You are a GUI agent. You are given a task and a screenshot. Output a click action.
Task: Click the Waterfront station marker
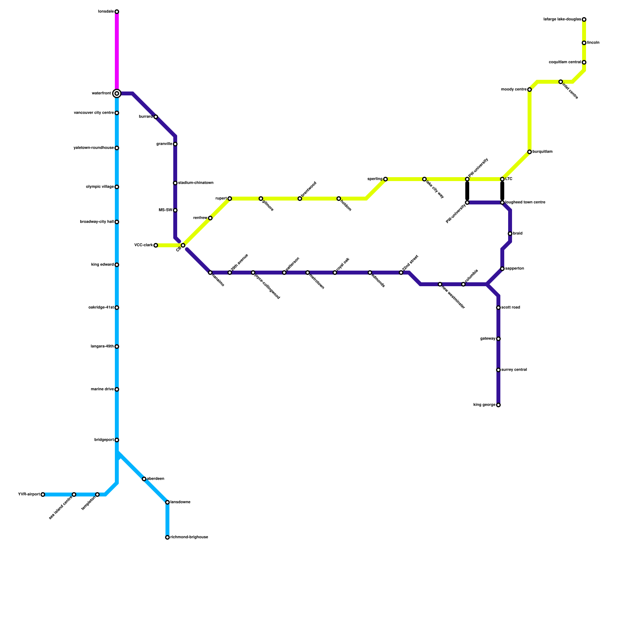tap(117, 93)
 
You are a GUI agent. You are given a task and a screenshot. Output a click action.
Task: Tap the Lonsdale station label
tap(106, 12)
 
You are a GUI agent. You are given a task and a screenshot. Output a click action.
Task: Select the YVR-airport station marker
tap(43, 495)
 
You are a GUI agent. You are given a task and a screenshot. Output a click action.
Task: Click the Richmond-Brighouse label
tap(189, 537)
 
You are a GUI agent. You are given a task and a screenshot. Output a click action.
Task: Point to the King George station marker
tap(498, 405)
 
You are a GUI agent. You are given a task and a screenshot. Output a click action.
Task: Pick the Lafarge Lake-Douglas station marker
tap(584, 19)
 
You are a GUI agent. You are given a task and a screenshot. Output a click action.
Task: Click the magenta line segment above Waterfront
tap(117, 51)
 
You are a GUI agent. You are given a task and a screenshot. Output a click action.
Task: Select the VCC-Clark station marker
tap(156, 245)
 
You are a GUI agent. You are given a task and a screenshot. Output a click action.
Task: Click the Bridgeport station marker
tap(117, 440)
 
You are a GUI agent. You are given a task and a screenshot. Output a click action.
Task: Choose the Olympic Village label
tap(100, 187)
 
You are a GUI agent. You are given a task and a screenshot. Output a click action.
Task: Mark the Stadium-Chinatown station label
tap(196, 183)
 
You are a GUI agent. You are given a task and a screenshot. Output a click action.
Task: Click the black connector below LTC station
tap(502, 191)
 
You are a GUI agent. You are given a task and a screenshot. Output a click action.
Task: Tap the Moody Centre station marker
tap(530, 90)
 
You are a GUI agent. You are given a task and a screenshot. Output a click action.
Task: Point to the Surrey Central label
tap(514, 370)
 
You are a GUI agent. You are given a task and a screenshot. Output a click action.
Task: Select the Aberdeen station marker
tap(144, 479)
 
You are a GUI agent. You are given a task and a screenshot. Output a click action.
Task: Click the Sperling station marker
tap(385, 179)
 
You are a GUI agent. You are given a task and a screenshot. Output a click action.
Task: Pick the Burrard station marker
tap(156, 117)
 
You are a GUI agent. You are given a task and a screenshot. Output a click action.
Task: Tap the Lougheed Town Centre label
tap(525, 202)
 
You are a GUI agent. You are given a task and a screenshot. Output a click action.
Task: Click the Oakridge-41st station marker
tap(117, 308)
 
